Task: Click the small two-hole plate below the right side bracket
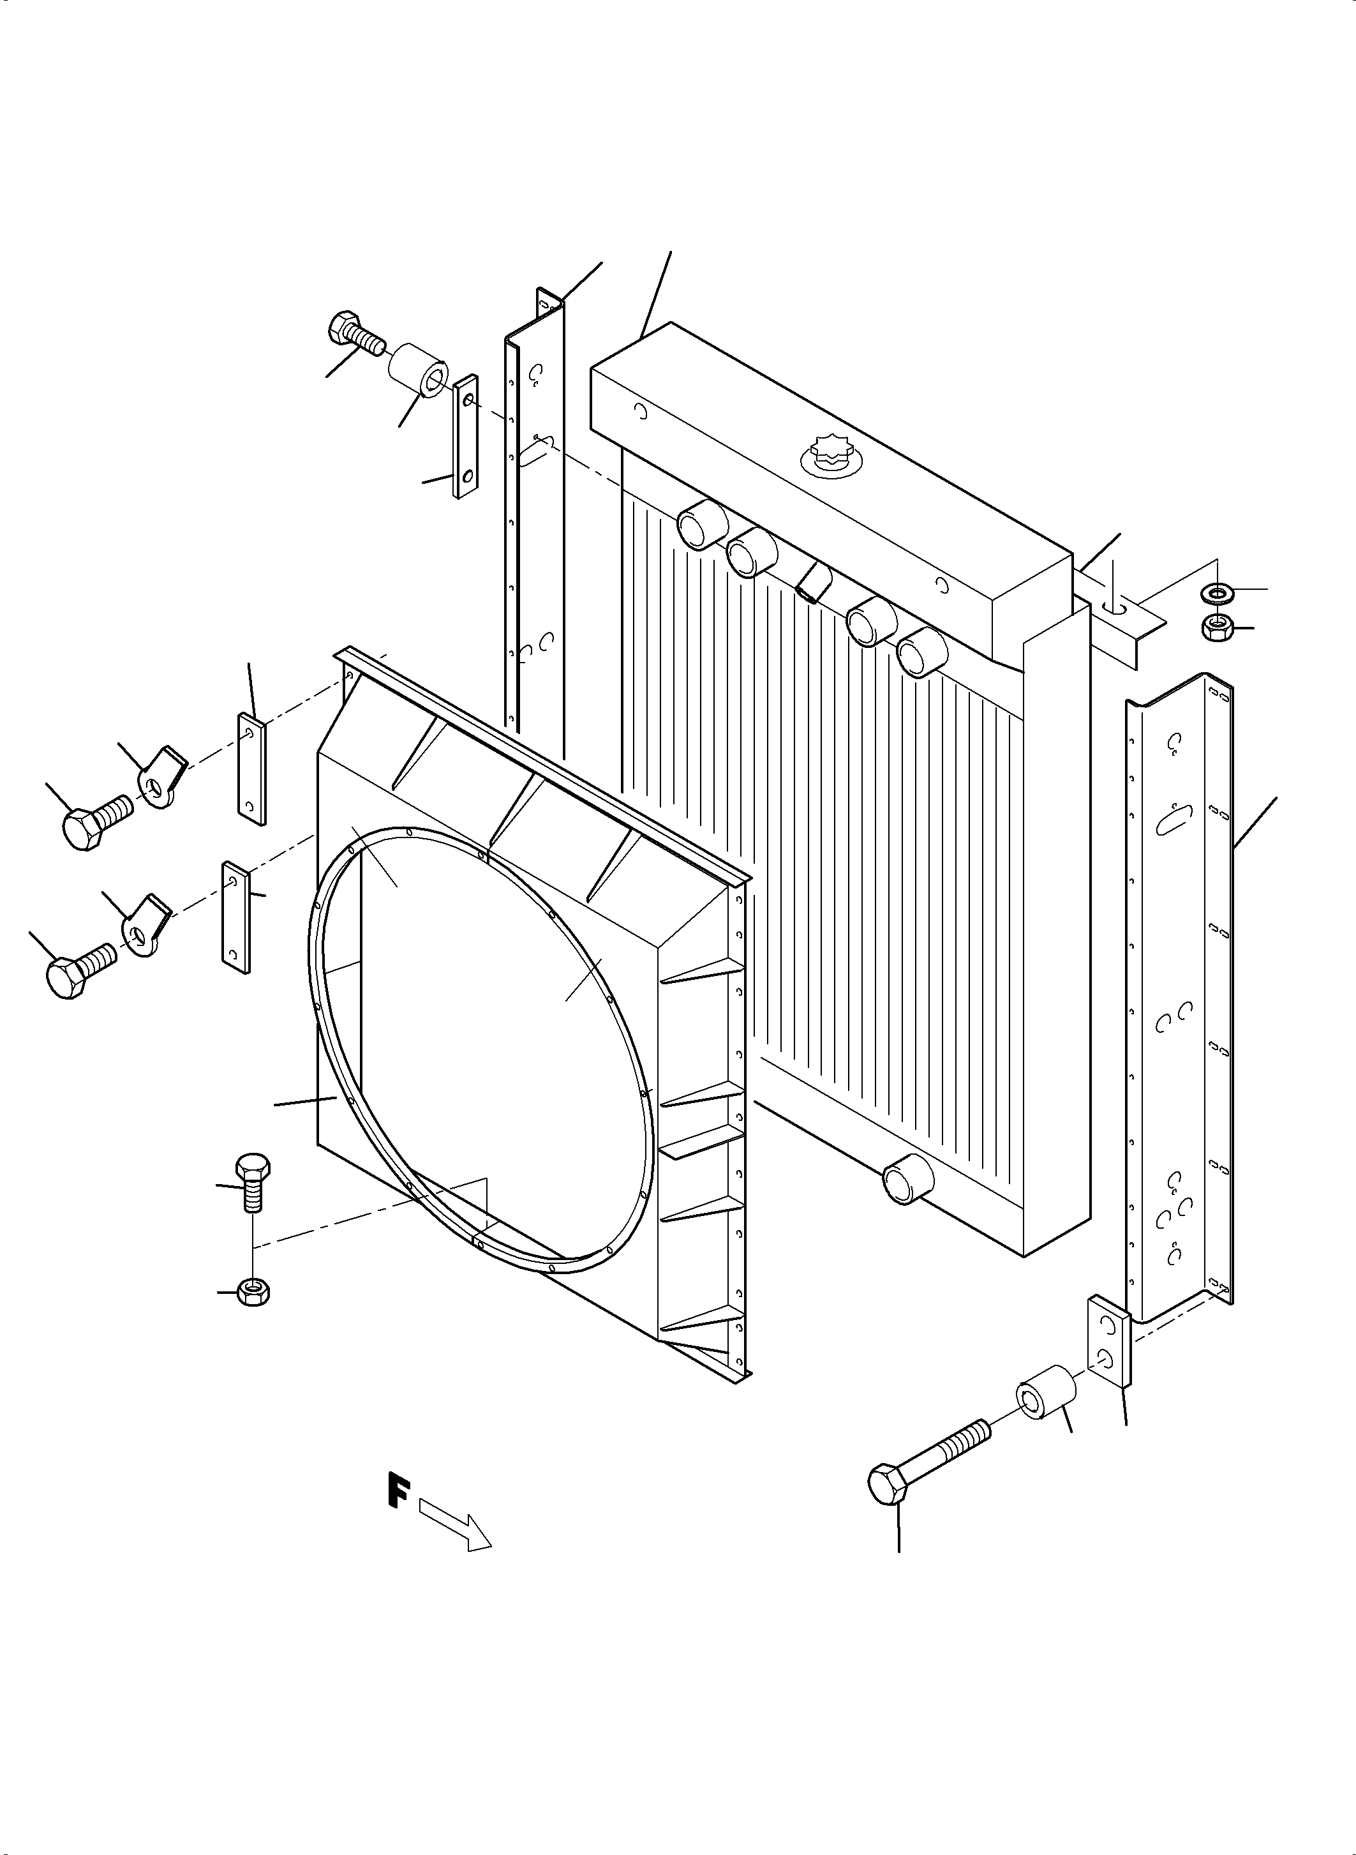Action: tap(1109, 1342)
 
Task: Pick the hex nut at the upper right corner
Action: tap(1214, 628)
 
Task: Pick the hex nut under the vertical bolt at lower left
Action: tap(253, 1293)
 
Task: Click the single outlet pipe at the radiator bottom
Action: tap(906, 1179)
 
